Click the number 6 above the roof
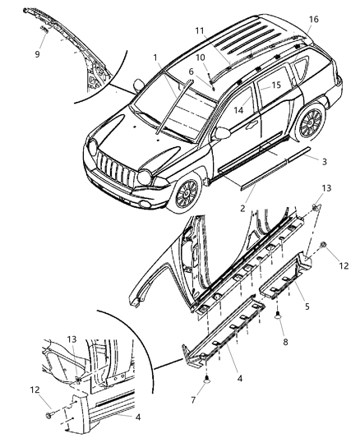point(191,72)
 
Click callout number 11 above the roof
point(199,30)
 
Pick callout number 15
point(276,85)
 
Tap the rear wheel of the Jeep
point(310,122)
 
